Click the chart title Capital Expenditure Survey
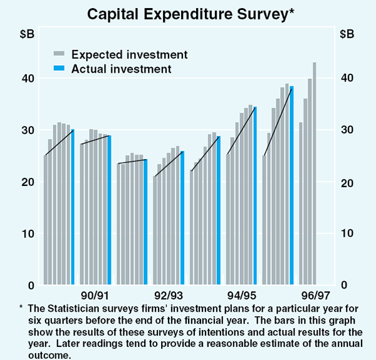tap(189, 13)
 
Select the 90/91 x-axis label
tap(95, 295)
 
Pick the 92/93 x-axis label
tap(168, 295)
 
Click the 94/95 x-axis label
tap(241, 295)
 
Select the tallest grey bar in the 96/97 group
tap(315, 174)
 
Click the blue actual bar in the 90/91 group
tap(109, 210)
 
